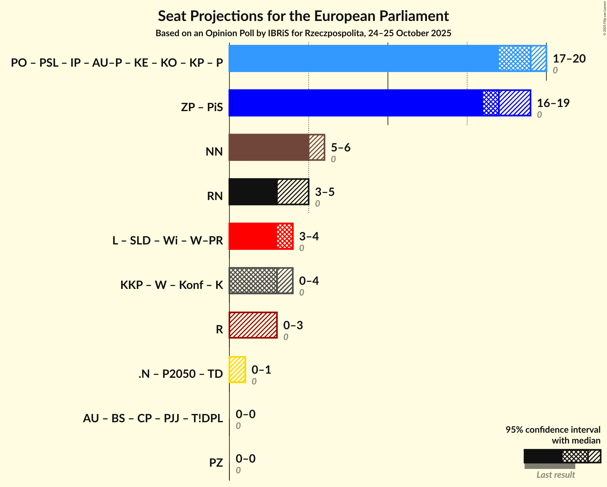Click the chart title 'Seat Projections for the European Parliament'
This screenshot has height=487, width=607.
(303, 16)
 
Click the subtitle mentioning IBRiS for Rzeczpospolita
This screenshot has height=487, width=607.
(303, 33)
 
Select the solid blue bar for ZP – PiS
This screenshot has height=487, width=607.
(355, 103)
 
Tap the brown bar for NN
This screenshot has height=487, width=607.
(269, 147)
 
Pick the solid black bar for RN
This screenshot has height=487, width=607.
(253, 192)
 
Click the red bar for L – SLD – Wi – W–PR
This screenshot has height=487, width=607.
(253, 236)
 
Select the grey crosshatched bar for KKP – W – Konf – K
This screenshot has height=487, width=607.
(253, 281)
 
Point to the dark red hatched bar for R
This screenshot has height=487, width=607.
(253, 325)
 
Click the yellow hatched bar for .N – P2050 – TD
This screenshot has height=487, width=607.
(237, 370)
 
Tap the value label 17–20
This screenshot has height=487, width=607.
(569, 59)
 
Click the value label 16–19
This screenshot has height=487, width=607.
(553, 103)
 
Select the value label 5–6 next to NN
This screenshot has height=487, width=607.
(340, 148)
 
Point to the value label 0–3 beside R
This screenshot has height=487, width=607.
(293, 325)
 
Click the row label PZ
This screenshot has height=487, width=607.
(216, 463)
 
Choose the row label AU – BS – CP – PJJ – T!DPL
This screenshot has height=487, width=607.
(153, 418)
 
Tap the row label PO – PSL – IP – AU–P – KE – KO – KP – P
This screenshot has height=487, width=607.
(117, 63)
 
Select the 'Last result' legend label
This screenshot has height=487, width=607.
(555, 475)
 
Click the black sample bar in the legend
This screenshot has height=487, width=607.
(543, 456)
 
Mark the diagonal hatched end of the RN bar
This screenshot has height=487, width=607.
(293, 192)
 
